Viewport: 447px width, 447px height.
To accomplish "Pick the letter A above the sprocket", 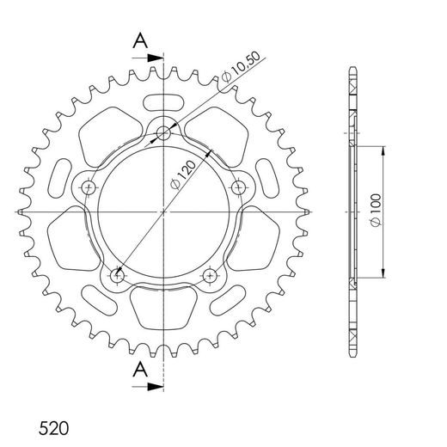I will [139, 40].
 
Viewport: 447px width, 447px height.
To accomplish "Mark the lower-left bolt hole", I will [118, 275].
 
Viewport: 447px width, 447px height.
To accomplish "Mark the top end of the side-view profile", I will [353, 69].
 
